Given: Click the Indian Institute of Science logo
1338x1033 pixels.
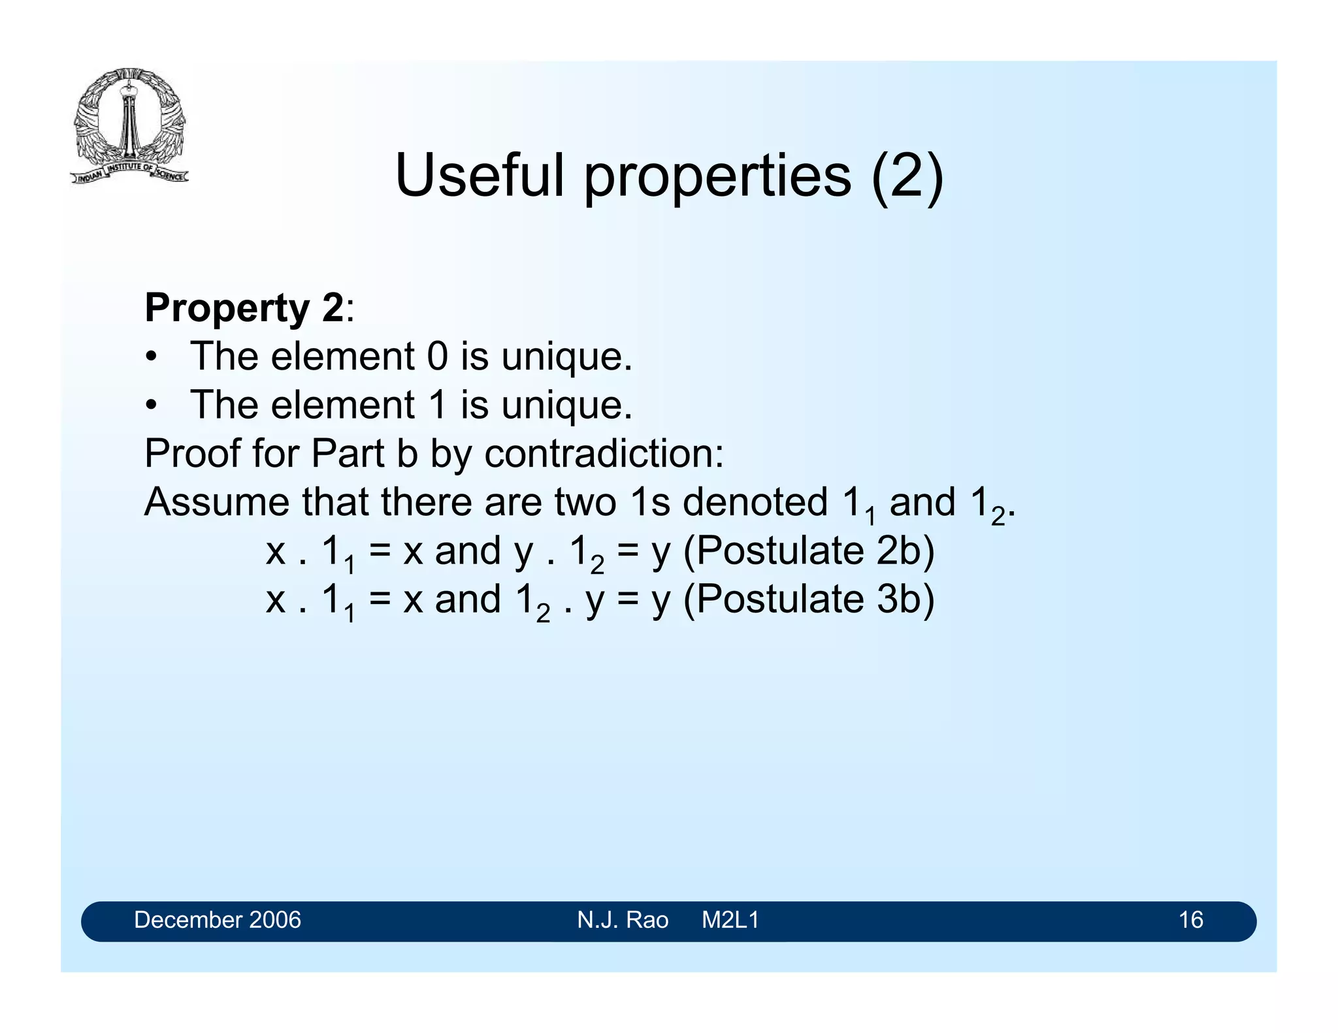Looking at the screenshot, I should (x=129, y=125).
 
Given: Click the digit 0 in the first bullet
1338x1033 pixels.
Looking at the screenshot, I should (x=437, y=357).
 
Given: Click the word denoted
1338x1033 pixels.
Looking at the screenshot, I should (x=755, y=502).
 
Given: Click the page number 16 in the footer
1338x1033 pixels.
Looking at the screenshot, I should (x=1190, y=920).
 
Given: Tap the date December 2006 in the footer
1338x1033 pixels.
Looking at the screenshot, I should (x=217, y=920).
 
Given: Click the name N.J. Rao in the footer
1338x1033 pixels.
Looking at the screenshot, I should (x=622, y=920).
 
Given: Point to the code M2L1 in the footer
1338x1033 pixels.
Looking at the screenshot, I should (x=730, y=920).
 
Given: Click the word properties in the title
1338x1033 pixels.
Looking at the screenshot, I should (x=717, y=176).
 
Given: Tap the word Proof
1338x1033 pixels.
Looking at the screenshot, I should (x=192, y=453).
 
